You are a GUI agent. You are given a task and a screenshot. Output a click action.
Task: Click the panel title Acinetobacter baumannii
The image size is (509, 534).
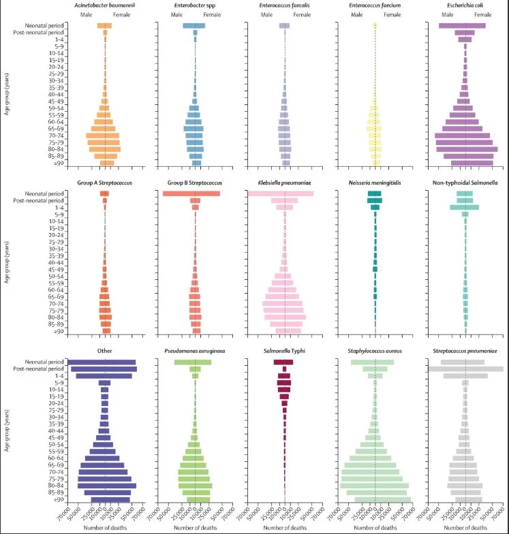(x=105, y=5)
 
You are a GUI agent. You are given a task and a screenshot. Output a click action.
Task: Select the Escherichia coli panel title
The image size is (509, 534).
(x=465, y=5)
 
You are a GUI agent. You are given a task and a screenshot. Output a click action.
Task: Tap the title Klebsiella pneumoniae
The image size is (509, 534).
(x=285, y=183)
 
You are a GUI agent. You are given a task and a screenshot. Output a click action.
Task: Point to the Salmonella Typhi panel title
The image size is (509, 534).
(x=285, y=350)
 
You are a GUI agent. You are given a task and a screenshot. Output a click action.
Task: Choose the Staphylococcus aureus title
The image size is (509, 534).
(x=375, y=350)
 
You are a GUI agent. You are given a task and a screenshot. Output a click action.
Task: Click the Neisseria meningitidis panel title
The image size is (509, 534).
(x=375, y=183)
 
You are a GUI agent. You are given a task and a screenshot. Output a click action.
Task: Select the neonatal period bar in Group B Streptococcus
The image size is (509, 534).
(x=191, y=194)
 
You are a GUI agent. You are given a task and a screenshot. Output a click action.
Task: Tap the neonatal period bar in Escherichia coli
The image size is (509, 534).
(x=462, y=26)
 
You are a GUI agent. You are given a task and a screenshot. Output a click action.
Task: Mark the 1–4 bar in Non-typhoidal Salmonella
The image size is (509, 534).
(x=464, y=207)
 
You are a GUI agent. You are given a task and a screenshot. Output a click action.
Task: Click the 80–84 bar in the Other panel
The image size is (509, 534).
(x=107, y=486)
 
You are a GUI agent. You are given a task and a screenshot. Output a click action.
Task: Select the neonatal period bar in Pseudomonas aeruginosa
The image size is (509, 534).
(x=193, y=362)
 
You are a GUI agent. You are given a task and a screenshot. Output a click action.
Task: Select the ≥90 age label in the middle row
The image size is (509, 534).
(x=58, y=331)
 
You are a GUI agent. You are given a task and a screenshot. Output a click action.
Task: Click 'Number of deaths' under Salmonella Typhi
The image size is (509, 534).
(x=285, y=527)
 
